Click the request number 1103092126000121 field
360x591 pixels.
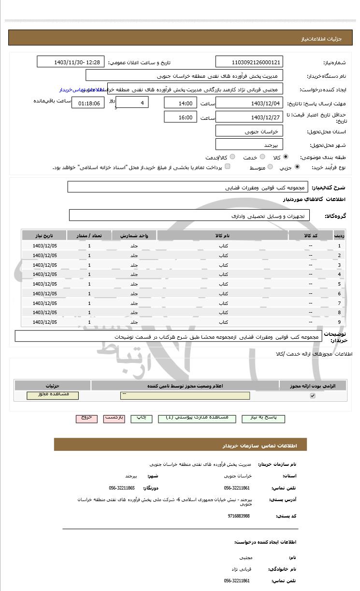249,62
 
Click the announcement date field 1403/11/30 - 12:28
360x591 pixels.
71,62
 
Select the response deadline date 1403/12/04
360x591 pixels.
249,103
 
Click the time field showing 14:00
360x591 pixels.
180,103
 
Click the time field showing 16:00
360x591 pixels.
180,117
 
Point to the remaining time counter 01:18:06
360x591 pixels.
88,103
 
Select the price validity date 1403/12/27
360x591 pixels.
249,117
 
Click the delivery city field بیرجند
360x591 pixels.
249,144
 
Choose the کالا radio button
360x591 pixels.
286,157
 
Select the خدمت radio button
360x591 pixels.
262,157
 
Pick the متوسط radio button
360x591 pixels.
270,167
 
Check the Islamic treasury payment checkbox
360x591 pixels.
228,167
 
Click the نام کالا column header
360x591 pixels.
222,235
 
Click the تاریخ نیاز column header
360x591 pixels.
44,235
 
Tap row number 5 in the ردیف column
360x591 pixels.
339,284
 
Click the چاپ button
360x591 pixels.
142,418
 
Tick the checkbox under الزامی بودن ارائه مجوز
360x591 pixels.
313,396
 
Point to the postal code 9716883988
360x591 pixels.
239,516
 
